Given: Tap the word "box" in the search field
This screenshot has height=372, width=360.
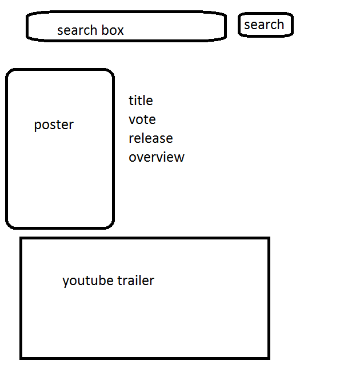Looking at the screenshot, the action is (113, 30).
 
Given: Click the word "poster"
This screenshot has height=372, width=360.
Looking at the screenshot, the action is (54, 125).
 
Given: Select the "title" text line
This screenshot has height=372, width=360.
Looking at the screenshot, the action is (141, 101).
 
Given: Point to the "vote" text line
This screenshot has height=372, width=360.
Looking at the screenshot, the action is (142, 119).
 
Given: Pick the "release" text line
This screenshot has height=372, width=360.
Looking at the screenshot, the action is (150, 138).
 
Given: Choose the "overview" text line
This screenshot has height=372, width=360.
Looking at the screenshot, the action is (156, 157).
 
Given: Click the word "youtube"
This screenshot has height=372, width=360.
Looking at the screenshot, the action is (88, 281).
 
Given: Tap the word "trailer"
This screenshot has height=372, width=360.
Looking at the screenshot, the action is (135, 281).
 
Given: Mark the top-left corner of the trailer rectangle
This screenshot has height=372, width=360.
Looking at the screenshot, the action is (22, 239).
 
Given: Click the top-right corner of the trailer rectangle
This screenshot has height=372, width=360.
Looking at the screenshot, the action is (268, 239).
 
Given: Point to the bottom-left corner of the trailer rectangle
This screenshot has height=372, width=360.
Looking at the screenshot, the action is (22, 358).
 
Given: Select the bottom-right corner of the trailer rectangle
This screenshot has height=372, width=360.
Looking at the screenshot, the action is (268, 358).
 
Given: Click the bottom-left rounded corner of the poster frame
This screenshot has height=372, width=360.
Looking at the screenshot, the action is (10, 225).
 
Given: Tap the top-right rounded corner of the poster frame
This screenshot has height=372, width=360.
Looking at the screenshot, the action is (110, 73).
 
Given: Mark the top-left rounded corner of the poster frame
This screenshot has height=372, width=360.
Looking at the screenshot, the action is (10, 73).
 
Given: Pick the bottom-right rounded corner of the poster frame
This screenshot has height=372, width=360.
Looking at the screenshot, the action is (110, 225).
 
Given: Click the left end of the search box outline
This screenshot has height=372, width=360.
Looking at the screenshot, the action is (27, 26).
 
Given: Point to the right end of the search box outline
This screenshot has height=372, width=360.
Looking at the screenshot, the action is (225, 26).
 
